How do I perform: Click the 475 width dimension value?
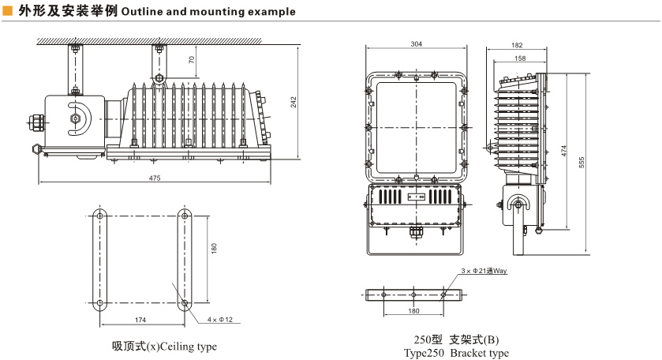point(155,178)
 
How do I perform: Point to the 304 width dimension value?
point(417,44)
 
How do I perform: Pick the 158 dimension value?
point(520,58)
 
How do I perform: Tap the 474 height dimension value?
point(564,152)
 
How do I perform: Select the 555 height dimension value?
point(582,162)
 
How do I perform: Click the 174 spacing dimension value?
point(141,319)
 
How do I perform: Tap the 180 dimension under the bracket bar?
point(413,311)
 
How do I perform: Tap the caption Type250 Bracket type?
point(456,352)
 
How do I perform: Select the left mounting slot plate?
point(100,259)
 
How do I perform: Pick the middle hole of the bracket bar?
point(413,295)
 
